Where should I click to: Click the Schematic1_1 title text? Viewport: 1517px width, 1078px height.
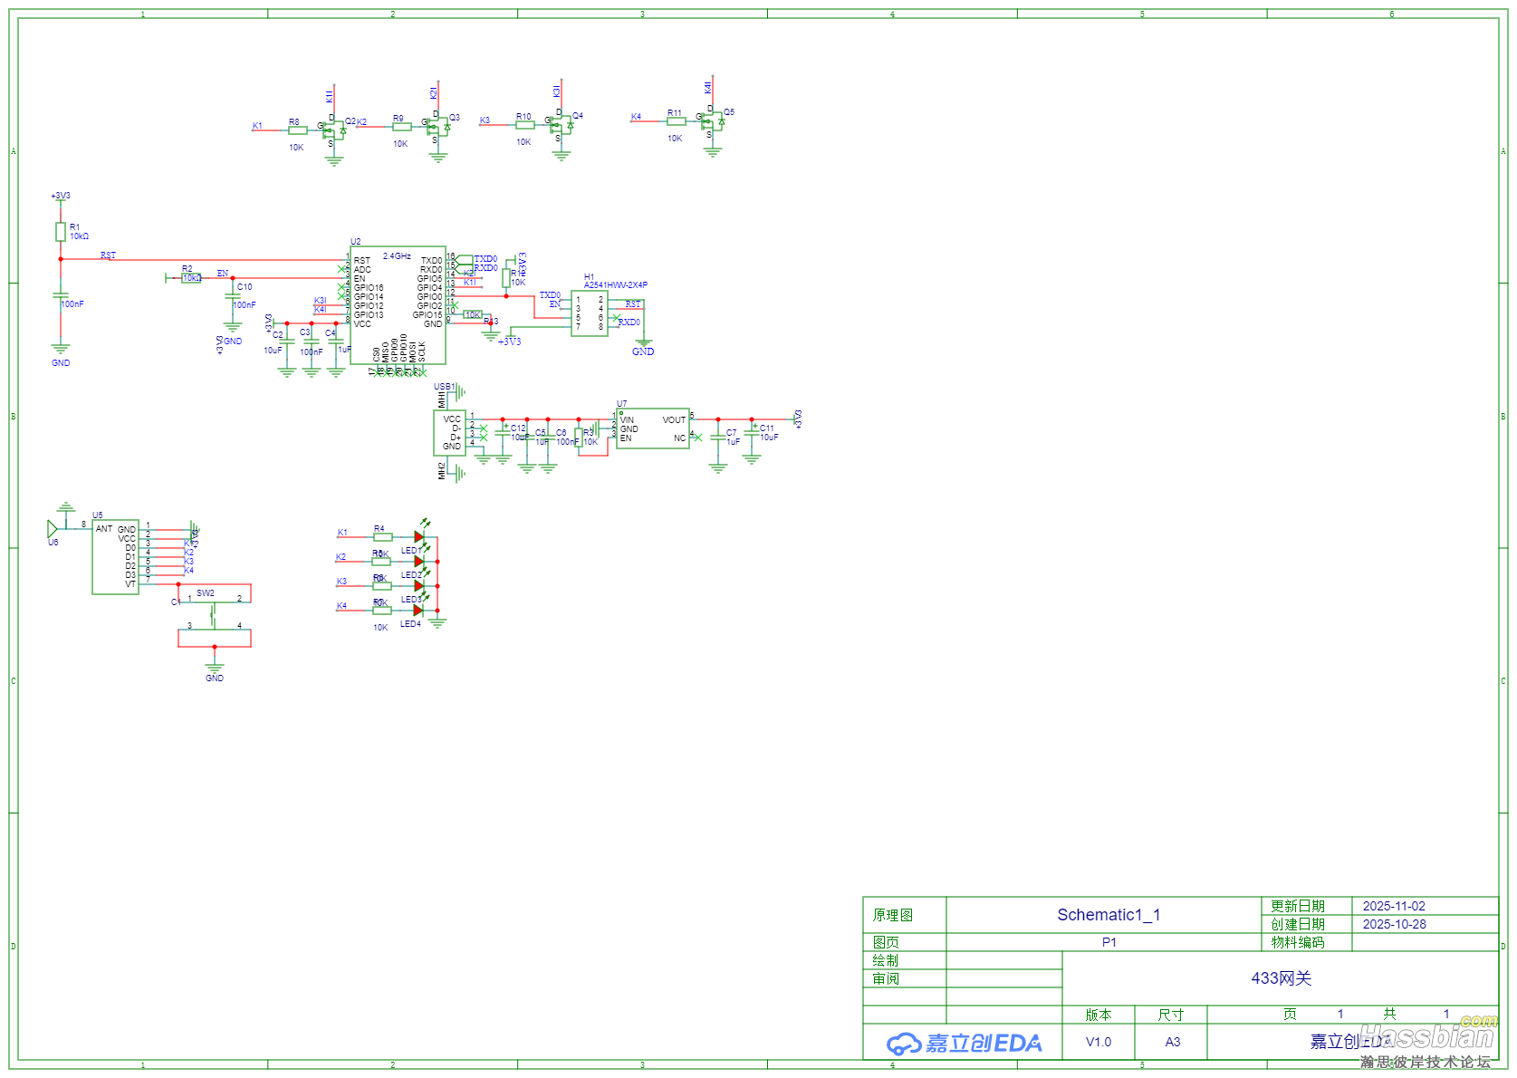1109,915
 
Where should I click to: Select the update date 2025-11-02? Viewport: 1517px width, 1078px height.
1393,906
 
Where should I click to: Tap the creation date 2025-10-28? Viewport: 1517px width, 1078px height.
1394,924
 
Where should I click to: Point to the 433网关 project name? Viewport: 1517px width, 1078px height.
1281,978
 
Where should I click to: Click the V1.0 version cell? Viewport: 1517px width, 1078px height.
1098,1042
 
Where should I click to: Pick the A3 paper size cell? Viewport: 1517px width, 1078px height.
1172,1042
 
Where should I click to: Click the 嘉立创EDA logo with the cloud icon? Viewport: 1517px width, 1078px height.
964,1044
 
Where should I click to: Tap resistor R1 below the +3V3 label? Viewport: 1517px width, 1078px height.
61,232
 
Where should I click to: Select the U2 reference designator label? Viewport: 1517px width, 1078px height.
356,242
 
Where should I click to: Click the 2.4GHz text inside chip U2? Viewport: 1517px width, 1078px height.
397,256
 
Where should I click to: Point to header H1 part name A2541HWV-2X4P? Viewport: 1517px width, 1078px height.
616,284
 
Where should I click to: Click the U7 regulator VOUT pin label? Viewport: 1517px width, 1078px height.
674,420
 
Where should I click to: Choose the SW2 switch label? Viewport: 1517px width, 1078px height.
206,593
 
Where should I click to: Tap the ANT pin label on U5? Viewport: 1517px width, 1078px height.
104,529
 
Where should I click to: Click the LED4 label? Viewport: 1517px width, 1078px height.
410,624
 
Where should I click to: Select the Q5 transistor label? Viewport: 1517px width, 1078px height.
729,112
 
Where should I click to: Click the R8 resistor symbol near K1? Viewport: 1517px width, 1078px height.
298,130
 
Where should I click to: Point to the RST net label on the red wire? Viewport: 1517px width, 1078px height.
108,255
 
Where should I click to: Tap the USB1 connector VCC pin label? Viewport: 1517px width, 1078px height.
452,419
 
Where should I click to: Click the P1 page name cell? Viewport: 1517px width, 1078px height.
1109,942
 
